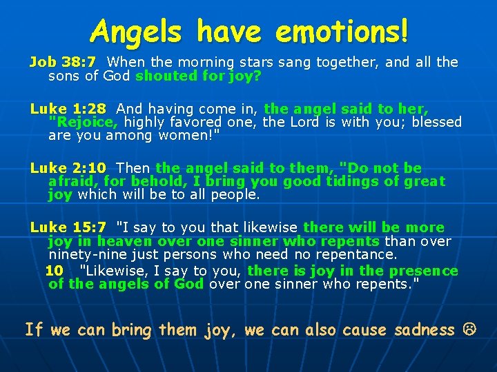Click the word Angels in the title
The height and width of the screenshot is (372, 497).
point(138,31)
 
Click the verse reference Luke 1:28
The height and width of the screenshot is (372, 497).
point(68,109)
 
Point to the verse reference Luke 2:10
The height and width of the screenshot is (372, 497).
point(68,168)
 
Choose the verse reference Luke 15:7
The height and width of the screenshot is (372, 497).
point(68,227)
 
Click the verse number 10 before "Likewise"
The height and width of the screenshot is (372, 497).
point(54,271)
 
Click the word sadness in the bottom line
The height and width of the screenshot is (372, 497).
point(424,330)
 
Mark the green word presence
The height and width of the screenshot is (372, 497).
point(425,271)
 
